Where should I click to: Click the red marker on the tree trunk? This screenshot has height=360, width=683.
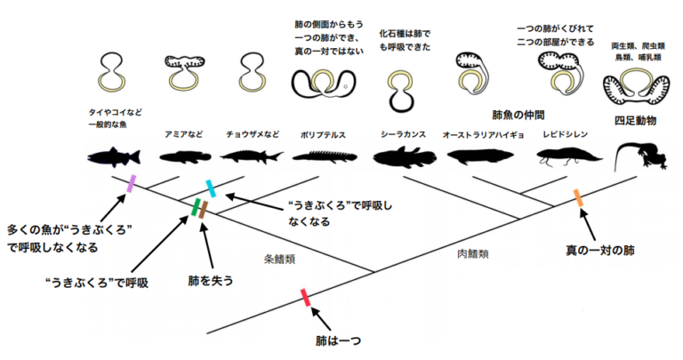[x=306, y=297]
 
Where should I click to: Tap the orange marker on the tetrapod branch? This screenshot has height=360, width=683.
[x=578, y=197]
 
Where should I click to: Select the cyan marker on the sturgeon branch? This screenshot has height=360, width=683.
[x=211, y=188]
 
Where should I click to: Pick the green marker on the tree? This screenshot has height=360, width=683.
[x=196, y=207]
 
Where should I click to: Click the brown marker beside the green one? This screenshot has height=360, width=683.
[x=204, y=210]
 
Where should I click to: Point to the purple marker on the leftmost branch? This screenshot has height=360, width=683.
[x=131, y=184]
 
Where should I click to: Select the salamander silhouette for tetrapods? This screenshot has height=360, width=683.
[x=640, y=156]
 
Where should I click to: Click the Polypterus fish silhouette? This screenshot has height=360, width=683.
[x=325, y=156]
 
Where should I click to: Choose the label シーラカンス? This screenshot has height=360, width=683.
[x=404, y=134]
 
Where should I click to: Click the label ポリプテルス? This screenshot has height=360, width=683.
[x=323, y=135]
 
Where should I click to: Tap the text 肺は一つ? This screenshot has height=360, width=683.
[x=339, y=340]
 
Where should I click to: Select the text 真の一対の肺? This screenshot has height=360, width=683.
[x=599, y=251]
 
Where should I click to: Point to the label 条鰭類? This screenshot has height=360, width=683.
[x=279, y=260]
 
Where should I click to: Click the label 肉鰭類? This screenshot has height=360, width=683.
[x=472, y=253]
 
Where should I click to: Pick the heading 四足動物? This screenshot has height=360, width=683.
[x=635, y=121]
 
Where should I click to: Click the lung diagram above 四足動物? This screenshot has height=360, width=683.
[x=636, y=87]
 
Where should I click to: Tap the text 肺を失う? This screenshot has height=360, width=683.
[x=211, y=281]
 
